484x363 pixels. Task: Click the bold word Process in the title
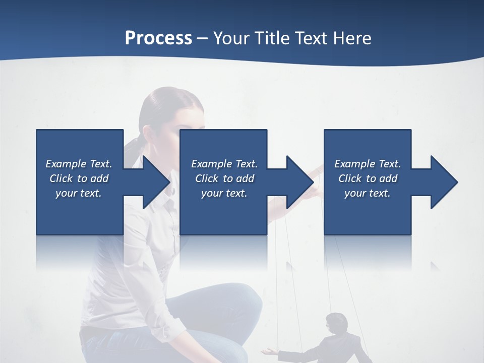coord(158,38)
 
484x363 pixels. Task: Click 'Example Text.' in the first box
coord(79,164)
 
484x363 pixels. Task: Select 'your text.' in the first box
coord(79,193)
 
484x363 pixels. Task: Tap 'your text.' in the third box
coord(368,193)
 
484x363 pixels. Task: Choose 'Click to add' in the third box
coord(368,178)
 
